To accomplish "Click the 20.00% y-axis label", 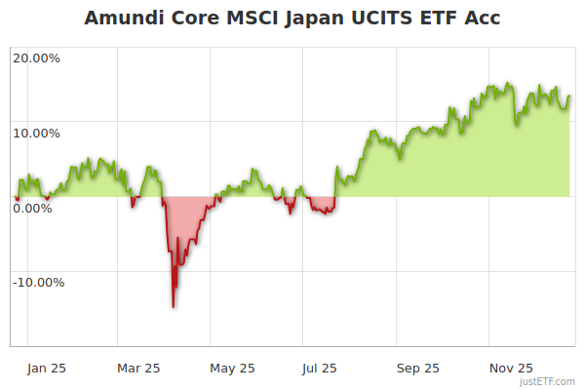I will pos(36,58).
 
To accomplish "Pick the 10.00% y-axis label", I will pos(36,134).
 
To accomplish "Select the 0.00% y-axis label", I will pos(32,208).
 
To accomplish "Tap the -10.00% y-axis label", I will pos(38,283).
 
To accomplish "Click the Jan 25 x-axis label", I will pos(47,369).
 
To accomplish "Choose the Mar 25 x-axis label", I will pos(138,369).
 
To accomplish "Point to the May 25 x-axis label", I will pos(232,369).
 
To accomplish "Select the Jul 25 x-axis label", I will pos(321,369).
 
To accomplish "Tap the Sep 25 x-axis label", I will pos(417,369).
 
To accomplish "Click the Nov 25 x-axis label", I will pos(510,369).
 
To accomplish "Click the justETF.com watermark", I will pos(547,381).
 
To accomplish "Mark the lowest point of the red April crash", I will pos(174,307).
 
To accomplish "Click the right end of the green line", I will pos(569,96).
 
